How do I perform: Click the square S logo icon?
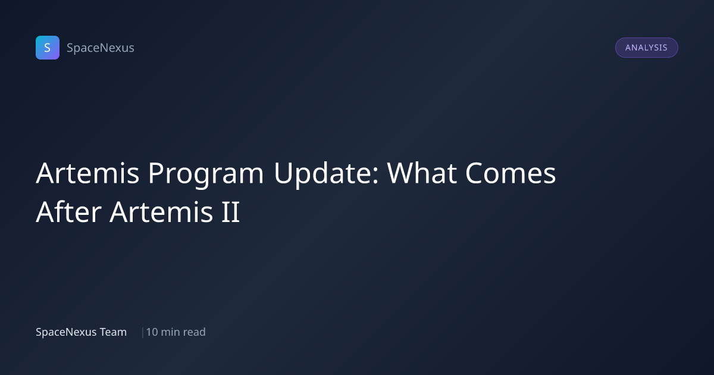tap(48, 48)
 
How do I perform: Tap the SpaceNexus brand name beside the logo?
tap(101, 48)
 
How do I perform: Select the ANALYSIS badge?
tap(646, 48)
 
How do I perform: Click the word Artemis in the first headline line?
tap(87, 173)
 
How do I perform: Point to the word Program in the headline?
tap(206, 175)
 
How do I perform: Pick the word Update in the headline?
tap(322, 175)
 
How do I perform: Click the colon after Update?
tap(375, 176)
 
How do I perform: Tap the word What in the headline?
tap(421, 173)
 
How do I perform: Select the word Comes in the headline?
tap(511, 173)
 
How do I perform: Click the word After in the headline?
tap(69, 212)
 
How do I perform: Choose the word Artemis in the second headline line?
tap(161, 212)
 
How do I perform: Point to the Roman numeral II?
tap(230, 212)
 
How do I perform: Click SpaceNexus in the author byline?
tap(66, 332)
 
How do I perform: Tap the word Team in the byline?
tap(113, 332)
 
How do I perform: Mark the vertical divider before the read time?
tap(142, 332)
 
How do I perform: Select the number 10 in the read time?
tap(152, 332)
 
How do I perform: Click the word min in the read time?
tap(171, 332)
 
